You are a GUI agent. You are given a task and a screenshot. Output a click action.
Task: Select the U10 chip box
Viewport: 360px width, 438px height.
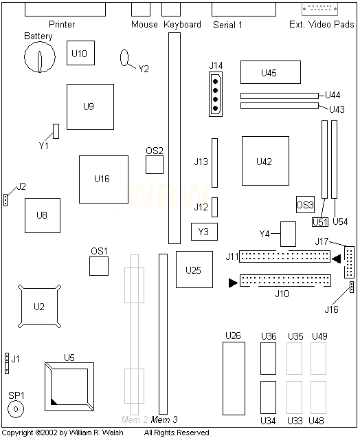click(80, 53)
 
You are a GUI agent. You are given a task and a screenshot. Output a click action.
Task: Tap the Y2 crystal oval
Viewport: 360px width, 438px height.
click(124, 58)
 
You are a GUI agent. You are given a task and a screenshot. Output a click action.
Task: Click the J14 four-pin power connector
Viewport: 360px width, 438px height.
click(216, 94)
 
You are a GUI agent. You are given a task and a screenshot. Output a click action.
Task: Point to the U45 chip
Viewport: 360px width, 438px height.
click(271, 72)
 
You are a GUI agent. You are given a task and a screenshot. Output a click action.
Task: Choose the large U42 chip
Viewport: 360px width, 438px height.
click(265, 161)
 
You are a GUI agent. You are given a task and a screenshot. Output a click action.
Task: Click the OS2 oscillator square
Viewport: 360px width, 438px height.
click(155, 165)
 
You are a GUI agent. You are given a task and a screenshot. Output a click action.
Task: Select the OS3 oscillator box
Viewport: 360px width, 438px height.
click(305, 205)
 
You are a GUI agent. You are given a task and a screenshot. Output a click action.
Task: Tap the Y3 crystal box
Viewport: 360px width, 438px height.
click(204, 232)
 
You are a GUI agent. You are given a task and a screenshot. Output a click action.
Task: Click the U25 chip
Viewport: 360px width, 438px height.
click(194, 270)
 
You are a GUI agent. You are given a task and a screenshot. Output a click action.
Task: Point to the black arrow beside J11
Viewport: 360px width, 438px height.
click(337, 259)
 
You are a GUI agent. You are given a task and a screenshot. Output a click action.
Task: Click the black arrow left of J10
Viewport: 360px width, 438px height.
click(233, 283)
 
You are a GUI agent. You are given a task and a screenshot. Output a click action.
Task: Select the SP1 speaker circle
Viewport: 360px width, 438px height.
click(16, 409)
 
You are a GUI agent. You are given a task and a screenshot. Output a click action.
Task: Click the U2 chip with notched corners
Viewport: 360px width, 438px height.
click(39, 306)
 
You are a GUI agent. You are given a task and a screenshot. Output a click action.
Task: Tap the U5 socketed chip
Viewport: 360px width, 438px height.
click(69, 387)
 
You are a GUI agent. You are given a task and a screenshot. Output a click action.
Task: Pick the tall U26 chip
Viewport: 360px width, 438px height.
click(234, 378)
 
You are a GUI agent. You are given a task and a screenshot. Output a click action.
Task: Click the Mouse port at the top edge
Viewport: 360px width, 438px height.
click(141, 10)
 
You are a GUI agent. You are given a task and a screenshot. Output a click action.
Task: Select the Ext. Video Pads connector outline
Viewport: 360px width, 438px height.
click(320, 9)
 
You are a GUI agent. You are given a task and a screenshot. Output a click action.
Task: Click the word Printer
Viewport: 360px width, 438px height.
click(62, 24)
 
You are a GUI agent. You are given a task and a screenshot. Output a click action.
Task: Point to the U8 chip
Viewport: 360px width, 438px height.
click(43, 215)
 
